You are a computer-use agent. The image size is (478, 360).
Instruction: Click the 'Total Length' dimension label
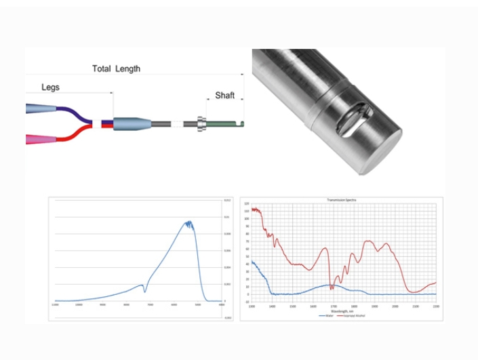click(x=116, y=68)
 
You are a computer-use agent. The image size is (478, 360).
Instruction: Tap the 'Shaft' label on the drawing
click(x=224, y=96)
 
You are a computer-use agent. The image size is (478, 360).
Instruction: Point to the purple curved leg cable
click(x=77, y=113)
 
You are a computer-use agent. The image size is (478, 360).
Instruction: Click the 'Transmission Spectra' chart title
click(x=342, y=201)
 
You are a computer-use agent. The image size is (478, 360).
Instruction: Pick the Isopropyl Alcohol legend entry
click(x=350, y=316)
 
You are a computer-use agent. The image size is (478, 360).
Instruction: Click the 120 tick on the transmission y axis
click(x=247, y=203)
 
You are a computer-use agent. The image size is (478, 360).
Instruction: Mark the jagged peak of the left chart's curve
click(x=188, y=223)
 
